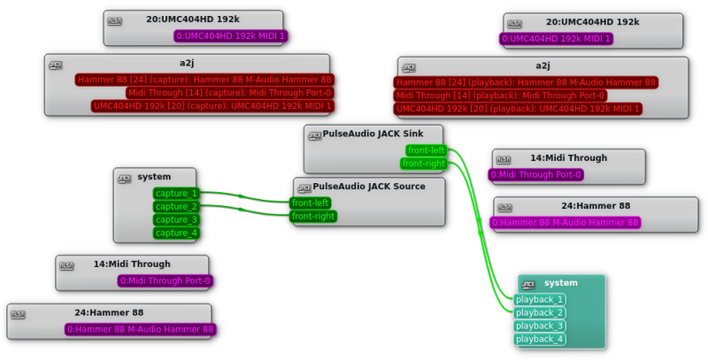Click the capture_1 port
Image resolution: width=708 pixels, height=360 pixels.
click(x=176, y=193)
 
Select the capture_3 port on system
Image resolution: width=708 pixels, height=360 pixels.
click(x=176, y=219)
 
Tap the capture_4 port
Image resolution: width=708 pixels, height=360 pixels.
click(x=176, y=233)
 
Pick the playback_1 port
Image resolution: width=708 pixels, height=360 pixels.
click(x=540, y=299)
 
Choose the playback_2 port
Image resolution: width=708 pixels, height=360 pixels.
click(x=540, y=312)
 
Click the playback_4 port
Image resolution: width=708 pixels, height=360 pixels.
click(x=540, y=339)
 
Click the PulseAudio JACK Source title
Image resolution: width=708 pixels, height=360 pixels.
click(x=369, y=186)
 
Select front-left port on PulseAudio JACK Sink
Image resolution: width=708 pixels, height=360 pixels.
click(x=426, y=150)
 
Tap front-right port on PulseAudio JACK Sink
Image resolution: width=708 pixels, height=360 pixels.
click(x=424, y=164)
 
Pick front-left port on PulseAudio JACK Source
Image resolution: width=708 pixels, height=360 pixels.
click(x=310, y=203)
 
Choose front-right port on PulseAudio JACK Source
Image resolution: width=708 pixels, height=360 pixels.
click(x=313, y=216)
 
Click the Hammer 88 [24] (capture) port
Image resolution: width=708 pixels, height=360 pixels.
click(x=204, y=80)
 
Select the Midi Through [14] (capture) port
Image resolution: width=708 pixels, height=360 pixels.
click(x=229, y=93)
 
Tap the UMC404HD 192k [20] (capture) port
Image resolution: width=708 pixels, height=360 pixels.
click(x=212, y=106)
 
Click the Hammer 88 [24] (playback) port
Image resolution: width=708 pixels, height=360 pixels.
click(x=526, y=82)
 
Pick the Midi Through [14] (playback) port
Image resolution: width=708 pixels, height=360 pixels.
click(x=501, y=96)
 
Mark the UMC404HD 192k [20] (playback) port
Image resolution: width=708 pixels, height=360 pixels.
click(x=518, y=109)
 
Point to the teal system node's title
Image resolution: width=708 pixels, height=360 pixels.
click(x=560, y=283)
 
